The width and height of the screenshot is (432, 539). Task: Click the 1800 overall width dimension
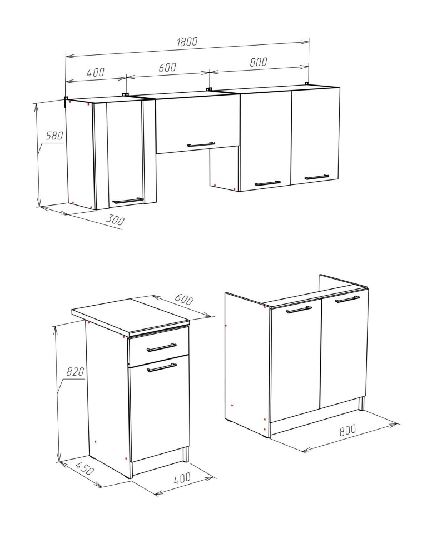(187, 42)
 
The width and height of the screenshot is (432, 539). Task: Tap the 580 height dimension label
(54, 136)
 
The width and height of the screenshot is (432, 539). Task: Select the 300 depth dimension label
(115, 219)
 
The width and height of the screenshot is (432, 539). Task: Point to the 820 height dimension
(75, 372)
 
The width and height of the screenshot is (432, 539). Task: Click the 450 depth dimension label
(84, 468)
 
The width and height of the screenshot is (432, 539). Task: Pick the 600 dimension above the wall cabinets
(167, 67)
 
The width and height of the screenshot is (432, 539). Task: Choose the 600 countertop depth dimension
(185, 299)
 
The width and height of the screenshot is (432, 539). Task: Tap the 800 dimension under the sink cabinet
(347, 430)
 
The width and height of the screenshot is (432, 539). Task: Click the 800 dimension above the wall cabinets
(259, 62)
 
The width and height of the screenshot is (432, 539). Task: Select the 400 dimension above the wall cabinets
(95, 73)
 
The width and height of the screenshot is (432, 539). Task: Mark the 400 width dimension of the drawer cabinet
(182, 478)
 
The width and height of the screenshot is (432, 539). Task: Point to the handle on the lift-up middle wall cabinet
(201, 144)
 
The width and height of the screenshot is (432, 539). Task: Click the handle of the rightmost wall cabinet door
(317, 177)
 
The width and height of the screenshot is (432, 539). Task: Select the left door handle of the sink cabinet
(299, 310)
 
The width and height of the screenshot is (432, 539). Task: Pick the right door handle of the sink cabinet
(347, 300)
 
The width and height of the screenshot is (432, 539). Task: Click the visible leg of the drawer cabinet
(186, 455)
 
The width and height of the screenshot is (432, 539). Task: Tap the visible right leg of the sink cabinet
(361, 404)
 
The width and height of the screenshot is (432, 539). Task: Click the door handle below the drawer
(162, 368)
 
